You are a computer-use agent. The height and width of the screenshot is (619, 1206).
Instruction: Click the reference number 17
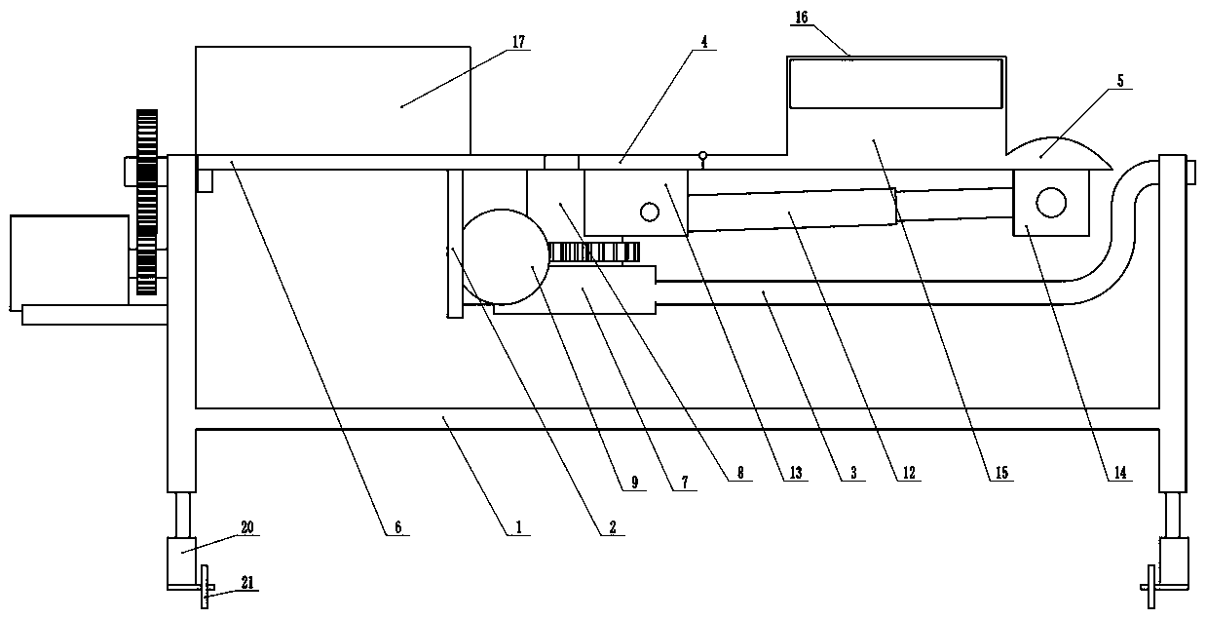pos(518,41)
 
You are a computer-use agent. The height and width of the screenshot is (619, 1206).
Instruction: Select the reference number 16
pos(801,18)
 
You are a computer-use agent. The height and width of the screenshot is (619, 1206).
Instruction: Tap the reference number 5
pos(1120,82)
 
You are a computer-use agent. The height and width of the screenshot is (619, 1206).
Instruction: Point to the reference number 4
pos(703,43)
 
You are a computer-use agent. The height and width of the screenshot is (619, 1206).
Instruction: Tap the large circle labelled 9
pos(503,256)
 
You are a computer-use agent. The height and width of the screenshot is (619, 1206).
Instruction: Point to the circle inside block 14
pos(1050,202)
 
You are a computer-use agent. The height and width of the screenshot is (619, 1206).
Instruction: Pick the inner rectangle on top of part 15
pos(895,83)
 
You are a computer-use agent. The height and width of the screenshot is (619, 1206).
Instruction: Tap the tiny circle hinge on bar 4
pos(702,155)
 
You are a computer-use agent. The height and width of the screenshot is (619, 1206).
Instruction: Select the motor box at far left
pos(68,259)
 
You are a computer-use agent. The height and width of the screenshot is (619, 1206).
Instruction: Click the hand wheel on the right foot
pos(1152,590)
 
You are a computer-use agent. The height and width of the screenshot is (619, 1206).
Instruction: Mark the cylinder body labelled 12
pos(792,210)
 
